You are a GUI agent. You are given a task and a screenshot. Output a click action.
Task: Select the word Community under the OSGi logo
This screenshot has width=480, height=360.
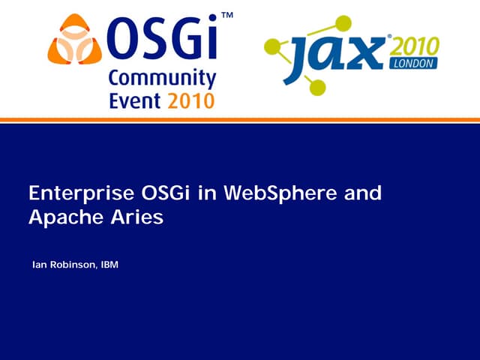pyautogui.click(x=162, y=79)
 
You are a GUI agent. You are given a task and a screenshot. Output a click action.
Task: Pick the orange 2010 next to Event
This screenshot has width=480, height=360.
pyautogui.click(x=191, y=100)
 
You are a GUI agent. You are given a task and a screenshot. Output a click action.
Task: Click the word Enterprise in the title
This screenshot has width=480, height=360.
pyautogui.click(x=79, y=193)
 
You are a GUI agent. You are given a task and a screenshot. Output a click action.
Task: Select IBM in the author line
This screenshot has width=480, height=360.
pyautogui.click(x=109, y=265)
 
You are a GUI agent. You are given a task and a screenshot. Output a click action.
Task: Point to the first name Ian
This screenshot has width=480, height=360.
pyautogui.click(x=39, y=265)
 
